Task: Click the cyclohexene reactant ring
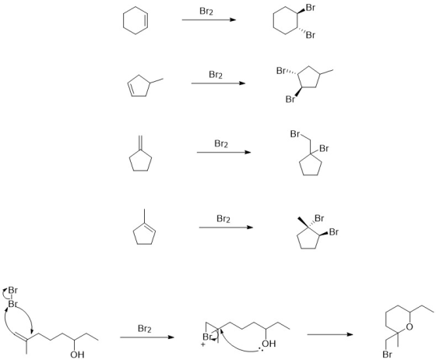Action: click(x=123, y=20)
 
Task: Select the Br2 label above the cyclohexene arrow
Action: click(x=206, y=12)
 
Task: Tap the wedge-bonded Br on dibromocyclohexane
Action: click(x=311, y=8)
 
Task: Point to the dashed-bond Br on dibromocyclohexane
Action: click(x=311, y=35)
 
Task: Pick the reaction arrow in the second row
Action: click(x=218, y=83)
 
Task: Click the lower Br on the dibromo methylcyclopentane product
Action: click(x=290, y=99)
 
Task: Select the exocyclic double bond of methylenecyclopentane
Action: click(x=141, y=143)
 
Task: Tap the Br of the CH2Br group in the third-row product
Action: click(x=295, y=134)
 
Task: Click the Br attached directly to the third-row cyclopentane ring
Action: click(x=324, y=149)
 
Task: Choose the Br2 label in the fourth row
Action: click(x=223, y=219)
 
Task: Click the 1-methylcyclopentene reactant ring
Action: click(x=134, y=234)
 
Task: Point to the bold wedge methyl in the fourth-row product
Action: click(x=303, y=222)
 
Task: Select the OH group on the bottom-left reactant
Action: click(x=77, y=355)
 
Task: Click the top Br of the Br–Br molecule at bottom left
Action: click(x=12, y=290)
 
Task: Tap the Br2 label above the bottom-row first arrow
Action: click(x=145, y=329)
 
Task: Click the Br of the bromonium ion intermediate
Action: click(x=207, y=337)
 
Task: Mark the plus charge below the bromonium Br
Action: click(x=203, y=345)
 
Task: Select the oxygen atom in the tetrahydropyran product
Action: click(x=409, y=327)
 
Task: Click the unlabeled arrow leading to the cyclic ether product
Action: click(x=330, y=334)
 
